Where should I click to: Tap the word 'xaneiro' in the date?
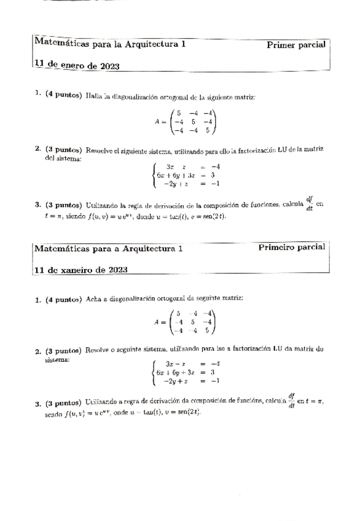click(x=74, y=270)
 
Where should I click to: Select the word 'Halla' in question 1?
click(x=94, y=96)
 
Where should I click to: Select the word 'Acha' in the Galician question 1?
click(x=93, y=299)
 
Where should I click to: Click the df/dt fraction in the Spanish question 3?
click(x=310, y=203)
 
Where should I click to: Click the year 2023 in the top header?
click(x=109, y=66)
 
